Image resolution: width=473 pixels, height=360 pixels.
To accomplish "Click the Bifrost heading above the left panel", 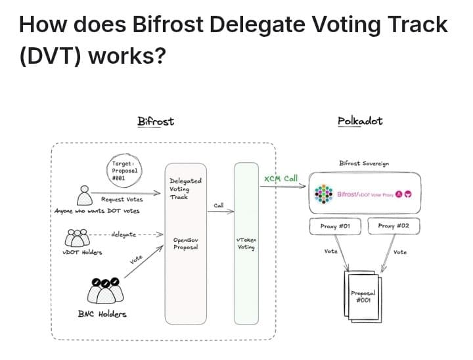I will [x=156, y=121].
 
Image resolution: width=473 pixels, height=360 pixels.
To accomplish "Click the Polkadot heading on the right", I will [x=359, y=121].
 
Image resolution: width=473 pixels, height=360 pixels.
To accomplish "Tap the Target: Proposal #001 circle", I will [x=124, y=170].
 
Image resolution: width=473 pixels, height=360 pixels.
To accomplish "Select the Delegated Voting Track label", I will [x=185, y=189].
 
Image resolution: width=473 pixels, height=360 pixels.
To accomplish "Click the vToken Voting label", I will [x=246, y=244].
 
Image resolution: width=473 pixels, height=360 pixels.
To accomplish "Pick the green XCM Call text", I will [x=281, y=179].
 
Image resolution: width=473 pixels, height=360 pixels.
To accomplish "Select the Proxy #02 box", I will [x=394, y=226].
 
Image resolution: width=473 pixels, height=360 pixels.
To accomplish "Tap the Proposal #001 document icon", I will [x=362, y=296].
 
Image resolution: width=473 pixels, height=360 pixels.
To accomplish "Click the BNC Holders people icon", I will [x=106, y=290].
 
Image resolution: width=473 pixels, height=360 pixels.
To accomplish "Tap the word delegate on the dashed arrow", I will [x=124, y=233].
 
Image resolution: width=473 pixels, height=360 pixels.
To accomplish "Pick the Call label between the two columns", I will [x=219, y=206].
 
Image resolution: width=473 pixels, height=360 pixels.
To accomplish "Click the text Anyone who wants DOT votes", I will [x=97, y=211].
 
